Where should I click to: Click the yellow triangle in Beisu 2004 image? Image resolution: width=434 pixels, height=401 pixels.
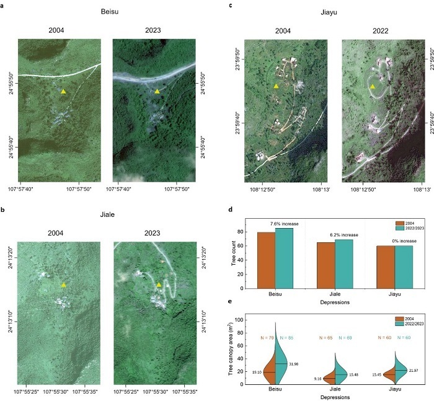tap(63, 91)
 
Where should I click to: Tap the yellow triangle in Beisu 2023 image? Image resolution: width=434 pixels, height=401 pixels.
tap(157, 91)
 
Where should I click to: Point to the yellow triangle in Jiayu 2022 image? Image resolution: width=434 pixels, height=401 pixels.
tap(372, 87)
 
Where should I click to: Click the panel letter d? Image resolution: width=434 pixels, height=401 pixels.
tap(231, 210)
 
